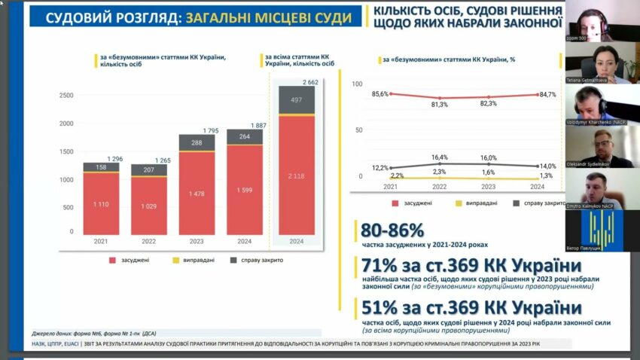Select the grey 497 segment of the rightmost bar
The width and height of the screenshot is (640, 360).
(297, 99)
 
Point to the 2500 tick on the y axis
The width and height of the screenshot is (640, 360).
(66, 95)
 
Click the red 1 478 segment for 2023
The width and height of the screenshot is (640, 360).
(197, 194)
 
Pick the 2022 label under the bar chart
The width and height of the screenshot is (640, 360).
(148, 242)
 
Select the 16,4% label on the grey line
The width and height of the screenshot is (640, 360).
(440, 157)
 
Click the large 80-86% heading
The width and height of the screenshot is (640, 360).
(392, 230)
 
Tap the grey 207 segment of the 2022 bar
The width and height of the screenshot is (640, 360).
(148, 170)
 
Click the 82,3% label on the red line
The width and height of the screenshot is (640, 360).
(489, 103)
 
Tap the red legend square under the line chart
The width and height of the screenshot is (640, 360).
(395, 203)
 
